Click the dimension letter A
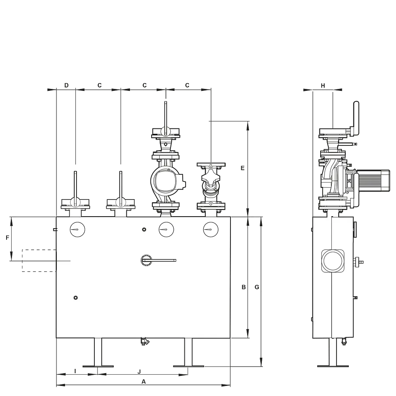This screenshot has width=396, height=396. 143,382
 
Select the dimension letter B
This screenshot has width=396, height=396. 244,287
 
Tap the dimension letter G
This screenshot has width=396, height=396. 257,287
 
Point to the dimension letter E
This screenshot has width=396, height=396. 243,168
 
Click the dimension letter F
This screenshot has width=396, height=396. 8,238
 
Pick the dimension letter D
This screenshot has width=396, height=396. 67,85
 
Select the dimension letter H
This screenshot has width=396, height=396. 323,86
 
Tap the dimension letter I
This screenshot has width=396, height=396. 75,371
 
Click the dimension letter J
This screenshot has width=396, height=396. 139,372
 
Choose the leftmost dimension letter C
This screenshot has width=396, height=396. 99,85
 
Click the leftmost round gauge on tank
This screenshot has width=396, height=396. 77,230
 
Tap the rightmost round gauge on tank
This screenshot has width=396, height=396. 211,230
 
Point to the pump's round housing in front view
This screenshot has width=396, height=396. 166,181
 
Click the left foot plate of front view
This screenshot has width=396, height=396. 98,366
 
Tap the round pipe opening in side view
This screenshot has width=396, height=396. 333,261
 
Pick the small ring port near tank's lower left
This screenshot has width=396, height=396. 75,298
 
